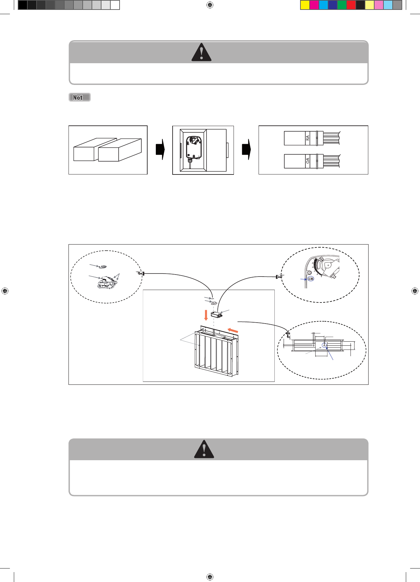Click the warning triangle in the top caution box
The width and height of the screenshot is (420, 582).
point(201,53)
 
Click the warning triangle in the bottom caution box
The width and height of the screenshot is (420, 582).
point(204,450)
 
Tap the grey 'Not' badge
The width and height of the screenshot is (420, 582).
point(79,97)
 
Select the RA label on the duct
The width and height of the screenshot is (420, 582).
point(308,138)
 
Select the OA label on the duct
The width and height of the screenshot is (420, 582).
point(308,161)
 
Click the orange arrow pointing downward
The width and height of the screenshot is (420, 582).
point(206,315)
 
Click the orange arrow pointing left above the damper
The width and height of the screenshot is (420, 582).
point(233,330)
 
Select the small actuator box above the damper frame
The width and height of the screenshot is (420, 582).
point(216,315)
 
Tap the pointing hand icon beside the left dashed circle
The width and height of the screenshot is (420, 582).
point(141,273)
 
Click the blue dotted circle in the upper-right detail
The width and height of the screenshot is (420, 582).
point(311,279)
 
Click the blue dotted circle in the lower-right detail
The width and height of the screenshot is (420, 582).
point(324,345)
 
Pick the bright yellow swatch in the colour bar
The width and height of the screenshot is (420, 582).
point(305,5)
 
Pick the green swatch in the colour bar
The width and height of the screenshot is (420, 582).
point(342,5)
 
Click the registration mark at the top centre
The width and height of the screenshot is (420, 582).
point(210,5)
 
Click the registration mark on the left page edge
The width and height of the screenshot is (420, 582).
point(5,291)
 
